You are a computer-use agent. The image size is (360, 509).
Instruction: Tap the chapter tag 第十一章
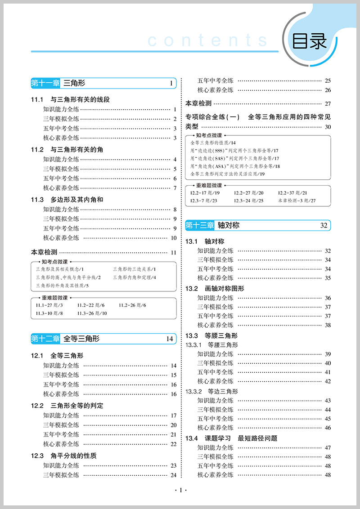(x=45, y=83)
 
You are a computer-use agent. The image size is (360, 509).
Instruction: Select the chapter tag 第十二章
(x=45, y=339)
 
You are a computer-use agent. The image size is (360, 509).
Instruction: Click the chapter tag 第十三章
(x=200, y=225)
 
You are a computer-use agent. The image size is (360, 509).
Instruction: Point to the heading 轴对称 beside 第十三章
(x=228, y=225)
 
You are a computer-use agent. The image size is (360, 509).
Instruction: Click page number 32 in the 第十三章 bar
(x=324, y=226)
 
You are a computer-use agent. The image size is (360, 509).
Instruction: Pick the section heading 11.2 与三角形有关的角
(x=67, y=149)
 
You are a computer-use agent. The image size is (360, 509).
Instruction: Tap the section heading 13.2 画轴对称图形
(x=215, y=288)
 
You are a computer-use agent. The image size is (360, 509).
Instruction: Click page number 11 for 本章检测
(x=173, y=253)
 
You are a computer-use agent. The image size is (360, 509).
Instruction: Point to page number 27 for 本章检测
(x=328, y=103)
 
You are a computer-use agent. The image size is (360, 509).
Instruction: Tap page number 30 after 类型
(x=328, y=127)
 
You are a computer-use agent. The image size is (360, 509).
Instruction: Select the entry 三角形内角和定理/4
(x=135, y=277)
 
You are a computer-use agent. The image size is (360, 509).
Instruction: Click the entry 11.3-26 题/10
(x=92, y=313)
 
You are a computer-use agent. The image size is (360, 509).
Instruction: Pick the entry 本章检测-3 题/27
(x=297, y=201)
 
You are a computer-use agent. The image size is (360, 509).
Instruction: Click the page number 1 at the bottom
(x=180, y=491)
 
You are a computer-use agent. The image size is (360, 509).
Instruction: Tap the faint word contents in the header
(x=207, y=41)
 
